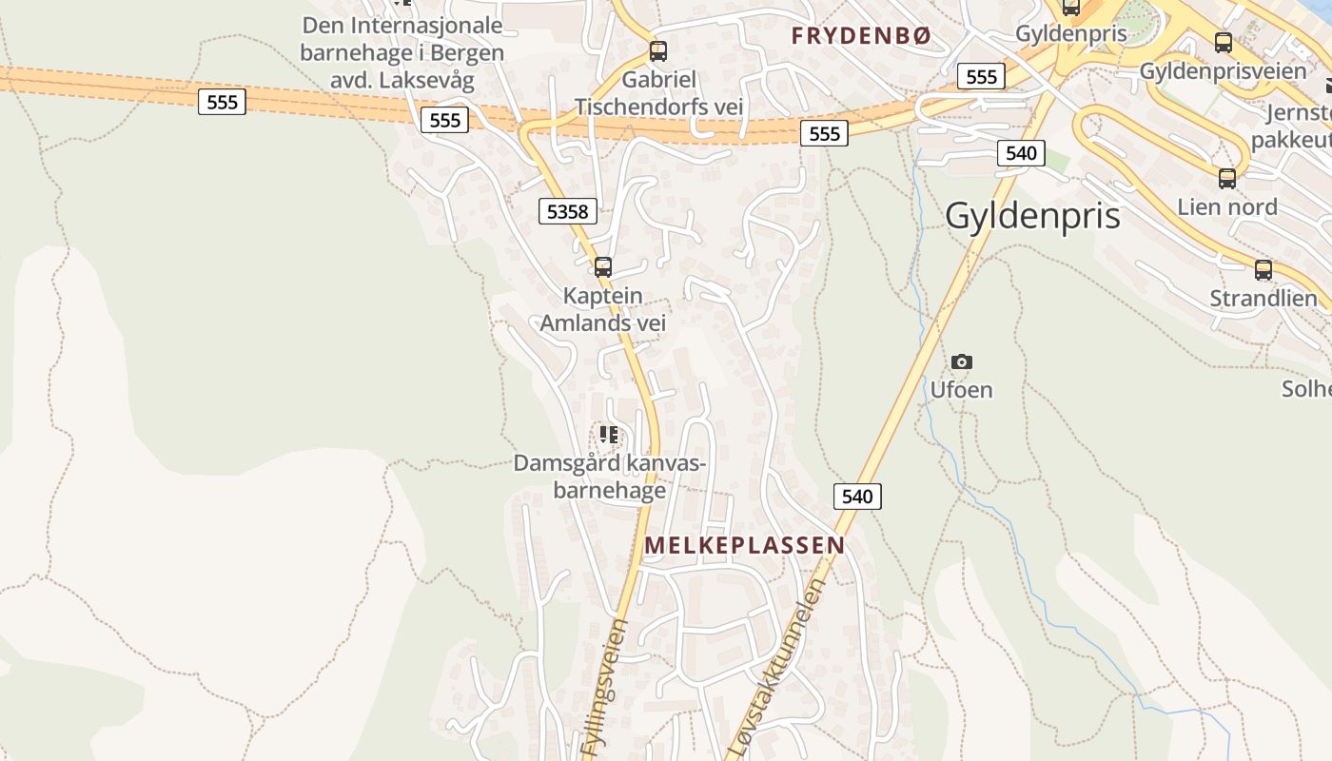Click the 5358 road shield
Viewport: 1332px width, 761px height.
[568, 210]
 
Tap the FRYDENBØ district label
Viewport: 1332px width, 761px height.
[861, 36]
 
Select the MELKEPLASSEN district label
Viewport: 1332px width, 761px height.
[744, 545]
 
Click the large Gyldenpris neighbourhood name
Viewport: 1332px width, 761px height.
[1032, 216]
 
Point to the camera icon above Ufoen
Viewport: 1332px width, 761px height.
[962, 361]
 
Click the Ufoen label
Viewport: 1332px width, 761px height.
[961, 389]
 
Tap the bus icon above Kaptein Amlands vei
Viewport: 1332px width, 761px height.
[602, 267]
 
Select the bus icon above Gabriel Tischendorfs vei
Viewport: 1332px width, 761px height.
[657, 51]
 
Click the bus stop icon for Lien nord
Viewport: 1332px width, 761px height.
[1227, 178]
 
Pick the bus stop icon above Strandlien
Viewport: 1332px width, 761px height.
[1263, 269]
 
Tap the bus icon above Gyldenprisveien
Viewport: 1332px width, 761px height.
[1223, 43]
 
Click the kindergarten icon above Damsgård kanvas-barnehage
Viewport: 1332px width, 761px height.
[609, 436]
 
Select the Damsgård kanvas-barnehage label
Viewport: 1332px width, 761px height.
[610, 477]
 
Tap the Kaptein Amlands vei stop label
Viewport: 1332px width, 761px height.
[603, 309]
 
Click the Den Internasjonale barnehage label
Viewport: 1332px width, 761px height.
[402, 51]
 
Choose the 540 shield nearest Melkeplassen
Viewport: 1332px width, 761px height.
[857, 496]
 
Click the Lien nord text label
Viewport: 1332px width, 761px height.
[1227, 206]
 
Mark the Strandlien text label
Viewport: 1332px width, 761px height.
[1263, 298]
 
